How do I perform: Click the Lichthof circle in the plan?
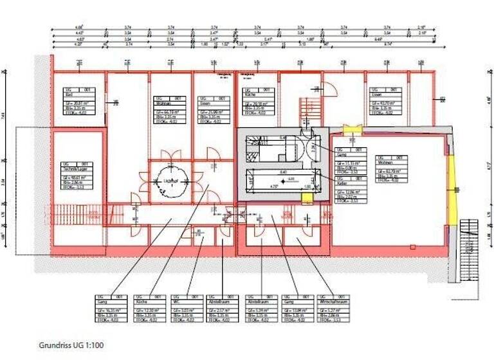(x=170, y=175)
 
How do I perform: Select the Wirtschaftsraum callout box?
(x=333, y=309)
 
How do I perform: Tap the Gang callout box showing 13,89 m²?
(x=296, y=309)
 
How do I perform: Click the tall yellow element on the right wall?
(x=453, y=187)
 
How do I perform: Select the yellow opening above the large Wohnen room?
(x=351, y=130)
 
